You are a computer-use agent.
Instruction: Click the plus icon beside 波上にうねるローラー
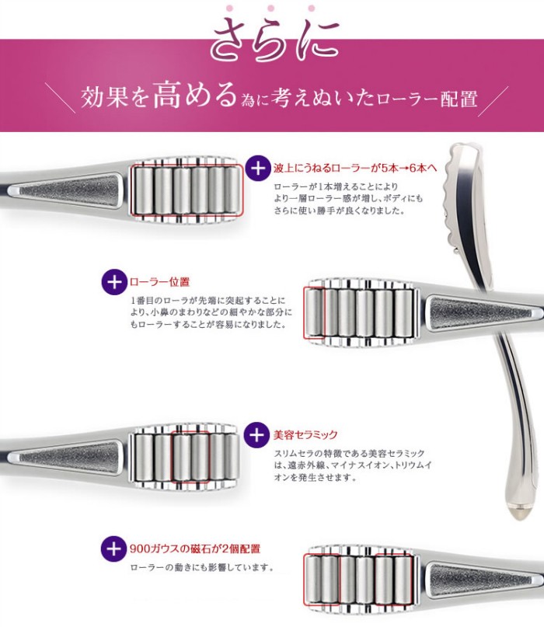[x=257, y=167]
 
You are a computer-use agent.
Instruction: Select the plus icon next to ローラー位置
[x=113, y=281]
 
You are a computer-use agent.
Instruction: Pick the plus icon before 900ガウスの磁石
[x=113, y=549]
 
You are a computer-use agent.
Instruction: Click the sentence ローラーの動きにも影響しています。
[x=202, y=567]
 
